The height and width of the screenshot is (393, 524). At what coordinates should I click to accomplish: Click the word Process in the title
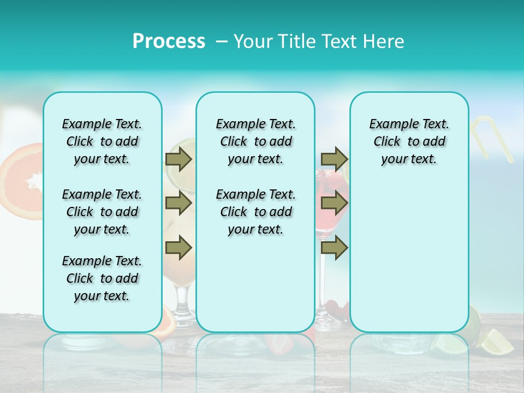tap(169, 41)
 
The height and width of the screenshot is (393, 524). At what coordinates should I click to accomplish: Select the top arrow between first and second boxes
tap(178, 159)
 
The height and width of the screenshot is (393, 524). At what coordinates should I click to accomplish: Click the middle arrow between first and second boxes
tap(178, 204)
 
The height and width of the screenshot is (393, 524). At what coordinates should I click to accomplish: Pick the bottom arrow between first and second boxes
tap(178, 248)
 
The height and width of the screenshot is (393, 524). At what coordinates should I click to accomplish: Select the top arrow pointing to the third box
tap(334, 159)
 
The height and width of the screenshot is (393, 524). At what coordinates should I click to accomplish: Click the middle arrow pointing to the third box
tap(334, 204)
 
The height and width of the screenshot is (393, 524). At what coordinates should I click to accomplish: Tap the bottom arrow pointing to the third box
tap(334, 248)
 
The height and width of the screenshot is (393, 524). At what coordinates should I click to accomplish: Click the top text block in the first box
tap(102, 141)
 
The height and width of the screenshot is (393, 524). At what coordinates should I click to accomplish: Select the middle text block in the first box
tap(102, 212)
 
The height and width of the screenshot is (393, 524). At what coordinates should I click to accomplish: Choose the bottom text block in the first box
tap(102, 278)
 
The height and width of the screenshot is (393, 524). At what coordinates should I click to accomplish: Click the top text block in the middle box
tap(255, 141)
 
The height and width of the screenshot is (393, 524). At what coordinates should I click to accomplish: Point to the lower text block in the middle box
tap(255, 212)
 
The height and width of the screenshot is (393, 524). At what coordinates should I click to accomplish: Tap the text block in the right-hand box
tap(409, 141)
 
